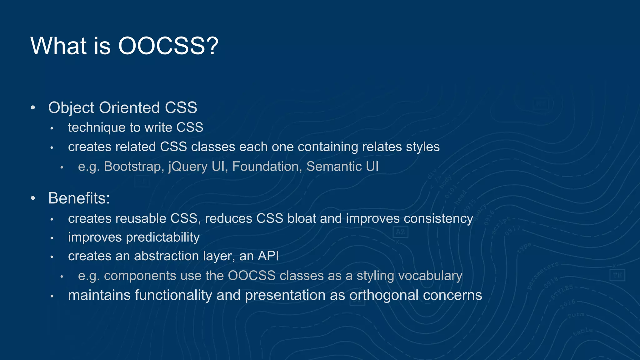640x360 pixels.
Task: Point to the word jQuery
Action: (x=187, y=167)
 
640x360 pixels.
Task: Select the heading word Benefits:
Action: (x=79, y=198)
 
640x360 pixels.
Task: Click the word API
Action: (x=268, y=256)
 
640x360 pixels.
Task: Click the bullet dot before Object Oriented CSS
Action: (x=33, y=108)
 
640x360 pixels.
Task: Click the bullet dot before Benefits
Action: (x=33, y=198)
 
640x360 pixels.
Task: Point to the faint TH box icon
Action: (x=617, y=275)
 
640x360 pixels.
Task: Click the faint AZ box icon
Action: (x=400, y=232)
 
